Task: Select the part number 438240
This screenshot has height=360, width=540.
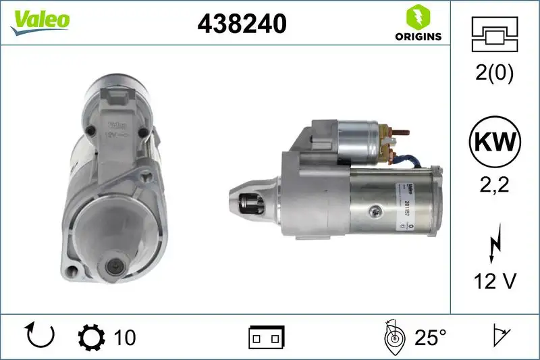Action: pos(242,24)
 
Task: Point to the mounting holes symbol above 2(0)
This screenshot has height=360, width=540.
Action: pos(494,33)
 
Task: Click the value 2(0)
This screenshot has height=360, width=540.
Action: pos(494,74)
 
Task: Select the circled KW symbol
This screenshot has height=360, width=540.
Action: pos(495,142)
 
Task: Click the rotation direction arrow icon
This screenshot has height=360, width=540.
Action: pos(38,336)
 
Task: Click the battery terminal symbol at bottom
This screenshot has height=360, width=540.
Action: pos(267,336)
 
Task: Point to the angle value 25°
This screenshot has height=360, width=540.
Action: pos(430,336)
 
